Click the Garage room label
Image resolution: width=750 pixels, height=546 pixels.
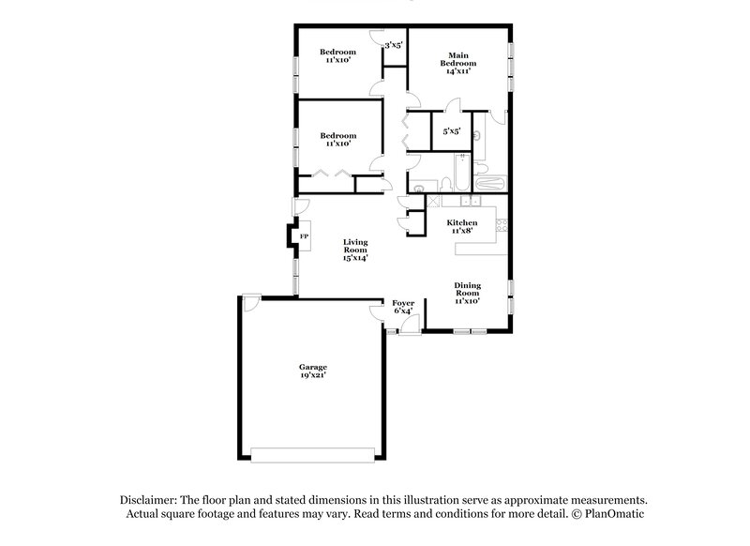(x=313, y=366)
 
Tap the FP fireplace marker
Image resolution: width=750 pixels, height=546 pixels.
(x=303, y=237)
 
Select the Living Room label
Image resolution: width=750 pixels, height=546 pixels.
(x=354, y=246)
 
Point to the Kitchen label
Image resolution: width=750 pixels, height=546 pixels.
(x=462, y=222)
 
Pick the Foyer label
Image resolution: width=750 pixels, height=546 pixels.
(x=403, y=303)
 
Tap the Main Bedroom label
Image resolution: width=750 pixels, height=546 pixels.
(x=457, y=58)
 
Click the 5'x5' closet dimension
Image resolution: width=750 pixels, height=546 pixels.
(x=452, y=131)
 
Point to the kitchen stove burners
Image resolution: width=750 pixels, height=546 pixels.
(x=502, y=224)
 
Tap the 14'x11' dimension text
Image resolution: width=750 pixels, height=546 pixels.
(x=457, y=70)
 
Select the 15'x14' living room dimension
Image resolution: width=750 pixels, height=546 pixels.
(x=354, y=258)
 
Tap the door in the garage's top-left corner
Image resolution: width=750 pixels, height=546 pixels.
(x=251, y=304)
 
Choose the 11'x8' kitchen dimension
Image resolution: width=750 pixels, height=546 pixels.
(x=462, y=231)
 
